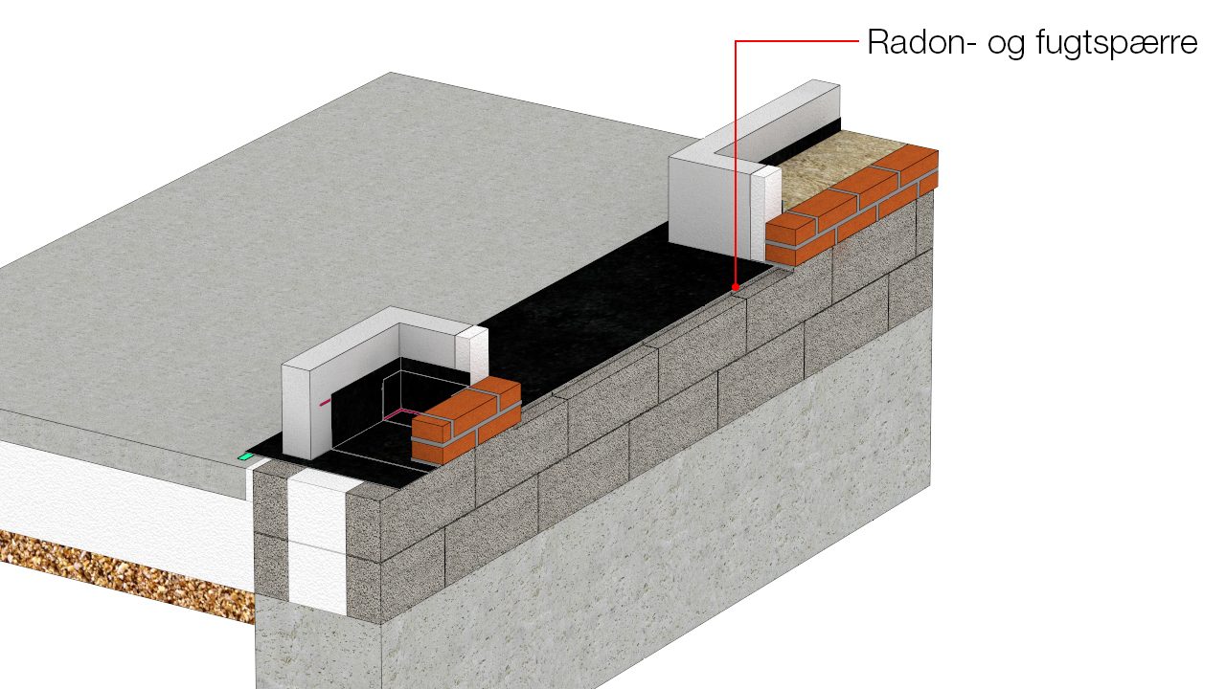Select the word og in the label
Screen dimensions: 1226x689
pos(1006,46)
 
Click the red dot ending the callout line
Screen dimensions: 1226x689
pos(736,287)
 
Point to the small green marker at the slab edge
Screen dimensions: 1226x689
pos(245,456)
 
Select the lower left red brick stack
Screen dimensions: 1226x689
pos(465,418)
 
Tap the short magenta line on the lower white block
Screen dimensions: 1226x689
pos(325,403)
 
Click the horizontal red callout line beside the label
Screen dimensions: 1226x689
pos(797,40)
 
